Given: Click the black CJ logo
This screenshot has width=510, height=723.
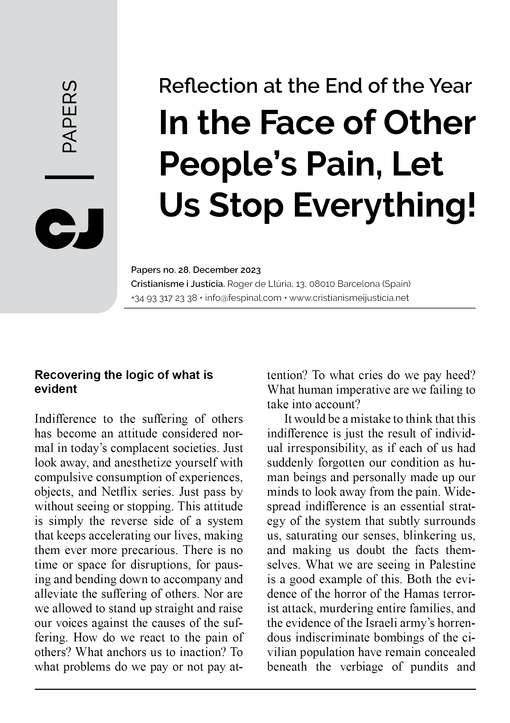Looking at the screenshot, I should pos(69,229).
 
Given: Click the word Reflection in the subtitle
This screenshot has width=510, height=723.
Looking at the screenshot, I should pos(208,86).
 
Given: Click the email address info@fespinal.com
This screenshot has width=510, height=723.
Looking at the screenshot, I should pos(243,298).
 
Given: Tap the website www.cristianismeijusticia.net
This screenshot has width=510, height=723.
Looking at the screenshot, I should pos(349,298).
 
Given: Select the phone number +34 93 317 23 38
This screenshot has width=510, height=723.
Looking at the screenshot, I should pos(164,298).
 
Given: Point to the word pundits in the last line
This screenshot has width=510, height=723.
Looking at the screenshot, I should pos(429,667).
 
